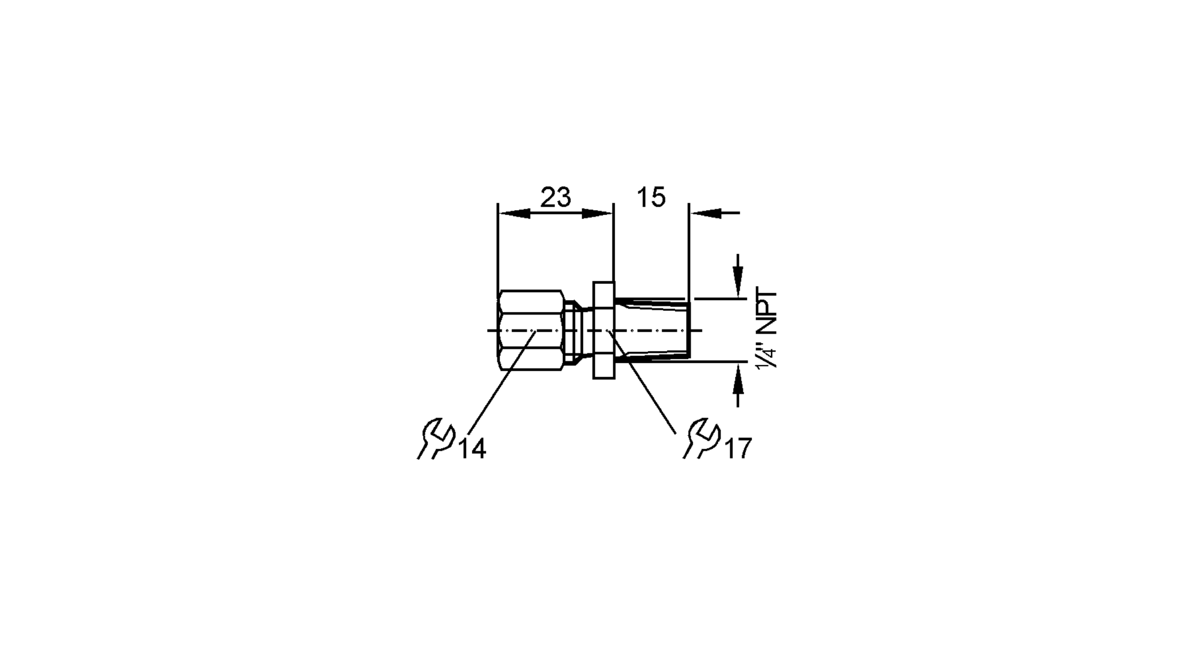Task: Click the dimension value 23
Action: [x=555, y=197]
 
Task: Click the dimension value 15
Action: [x=651, y=197]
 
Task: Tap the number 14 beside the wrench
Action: [x=472, y=449]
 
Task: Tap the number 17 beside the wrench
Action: [x=738, y=449]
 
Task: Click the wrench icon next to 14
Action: [x=436, y=439]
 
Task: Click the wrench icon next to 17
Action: [x=701, y=439]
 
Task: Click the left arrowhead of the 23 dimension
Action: [x=513, y=213]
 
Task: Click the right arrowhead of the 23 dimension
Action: [x=598, y=213]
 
